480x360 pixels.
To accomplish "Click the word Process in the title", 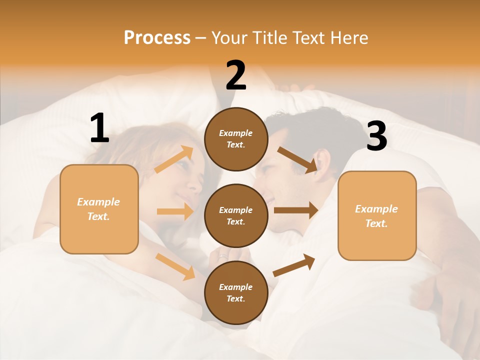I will pos(157,37).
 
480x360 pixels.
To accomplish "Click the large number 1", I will pos(99,128).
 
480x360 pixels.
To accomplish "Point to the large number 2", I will pos(236,75).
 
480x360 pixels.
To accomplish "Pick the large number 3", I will pos(376,136).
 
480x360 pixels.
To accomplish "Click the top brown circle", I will pos(236,139).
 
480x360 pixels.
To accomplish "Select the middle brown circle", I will pos(236,216).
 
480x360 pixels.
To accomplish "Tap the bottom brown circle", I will pos(236,293).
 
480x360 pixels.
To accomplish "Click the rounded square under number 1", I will pos(99,209).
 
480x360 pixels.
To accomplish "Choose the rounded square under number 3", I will pos(377,216).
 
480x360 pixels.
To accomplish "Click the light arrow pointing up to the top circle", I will pos(174,159).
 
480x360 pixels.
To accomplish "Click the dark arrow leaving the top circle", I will pos(297,159).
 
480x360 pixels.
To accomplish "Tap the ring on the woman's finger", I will pos(223,257).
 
